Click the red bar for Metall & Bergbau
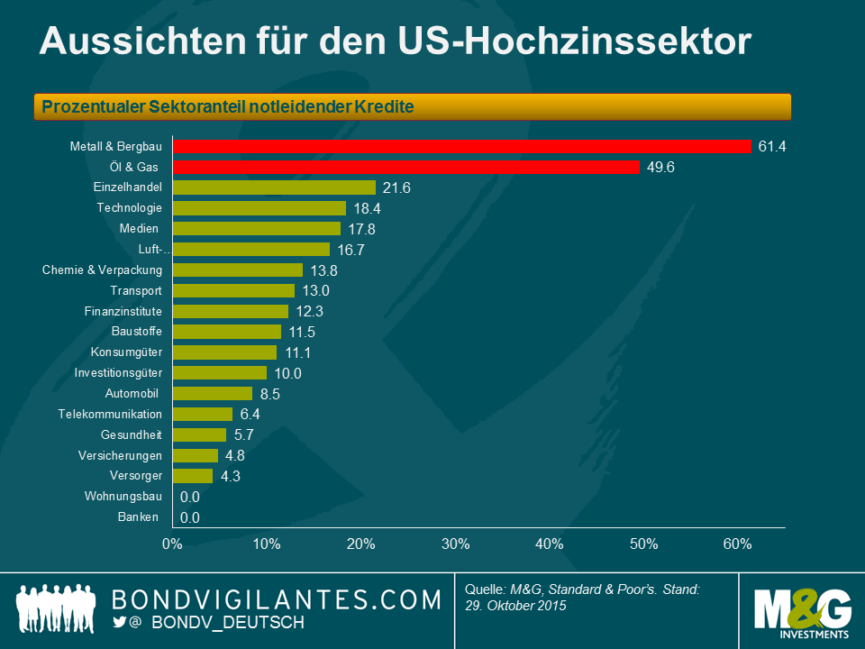(461, 146)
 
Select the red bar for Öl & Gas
(405, 167)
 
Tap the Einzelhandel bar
(274, 187)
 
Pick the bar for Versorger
(193, 476)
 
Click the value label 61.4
(773, 146)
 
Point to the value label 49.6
(661, 167)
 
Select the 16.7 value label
(351, 250)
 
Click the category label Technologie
(130, 208)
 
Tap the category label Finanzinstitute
(123, 311)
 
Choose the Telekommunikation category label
(110, 414)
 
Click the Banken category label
(138, 516)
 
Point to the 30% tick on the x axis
(455, 544)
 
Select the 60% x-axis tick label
(738, 544)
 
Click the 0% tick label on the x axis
(172, 544)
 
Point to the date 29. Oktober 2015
(515, 606)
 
